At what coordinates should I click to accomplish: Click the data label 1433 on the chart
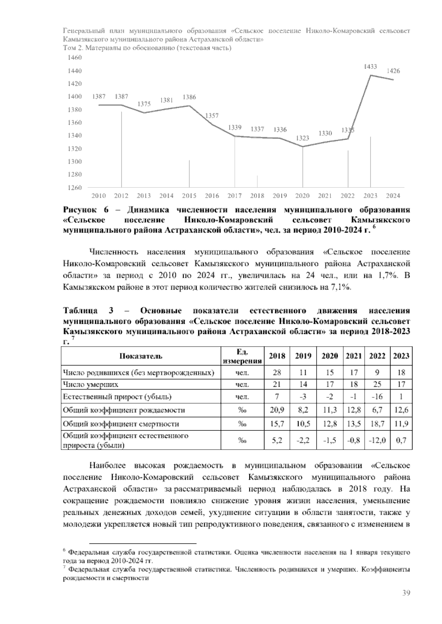370,67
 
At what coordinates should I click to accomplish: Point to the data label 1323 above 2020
303,138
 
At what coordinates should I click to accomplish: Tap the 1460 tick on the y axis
75,58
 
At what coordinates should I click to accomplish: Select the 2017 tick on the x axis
235,196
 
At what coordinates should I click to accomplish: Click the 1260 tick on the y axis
75,188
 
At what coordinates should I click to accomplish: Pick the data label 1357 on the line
212,116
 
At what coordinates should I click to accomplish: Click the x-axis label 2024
393,196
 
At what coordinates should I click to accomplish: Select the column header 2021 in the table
354,356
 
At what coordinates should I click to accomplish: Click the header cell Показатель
141,356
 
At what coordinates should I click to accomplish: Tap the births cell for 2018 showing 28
277,372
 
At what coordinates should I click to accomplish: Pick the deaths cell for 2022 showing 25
377,384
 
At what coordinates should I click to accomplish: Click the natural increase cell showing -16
377,397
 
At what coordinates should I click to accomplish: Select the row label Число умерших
91,384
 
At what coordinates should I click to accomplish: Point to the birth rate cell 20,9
277,410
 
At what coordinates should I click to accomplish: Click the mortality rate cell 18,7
377,424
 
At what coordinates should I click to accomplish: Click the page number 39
406,593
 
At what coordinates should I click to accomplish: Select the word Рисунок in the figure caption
81,210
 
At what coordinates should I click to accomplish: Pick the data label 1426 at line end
393,71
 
